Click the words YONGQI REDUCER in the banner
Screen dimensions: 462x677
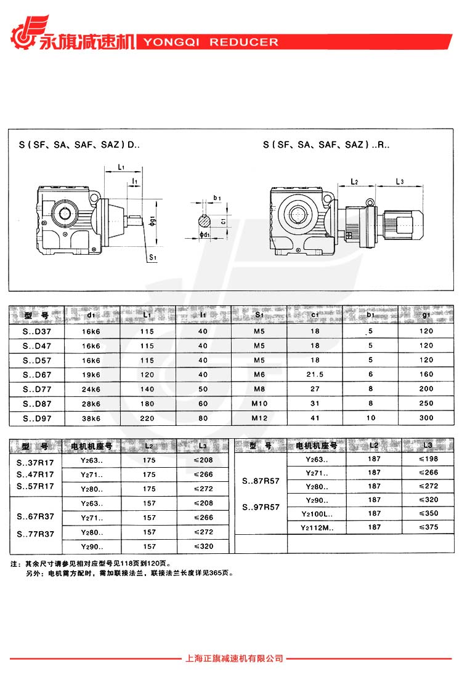tap(211, 42)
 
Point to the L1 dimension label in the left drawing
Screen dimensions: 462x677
tap(121, 167)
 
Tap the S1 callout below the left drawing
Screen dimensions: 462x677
tap(153, 257)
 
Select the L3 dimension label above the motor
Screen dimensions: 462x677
tap(400, 182)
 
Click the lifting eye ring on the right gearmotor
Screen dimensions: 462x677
tap(370, 202)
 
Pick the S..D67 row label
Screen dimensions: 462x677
tap(37, 375)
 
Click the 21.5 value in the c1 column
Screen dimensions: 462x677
tap(315, 374)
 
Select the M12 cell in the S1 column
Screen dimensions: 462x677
tap(259, 418)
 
